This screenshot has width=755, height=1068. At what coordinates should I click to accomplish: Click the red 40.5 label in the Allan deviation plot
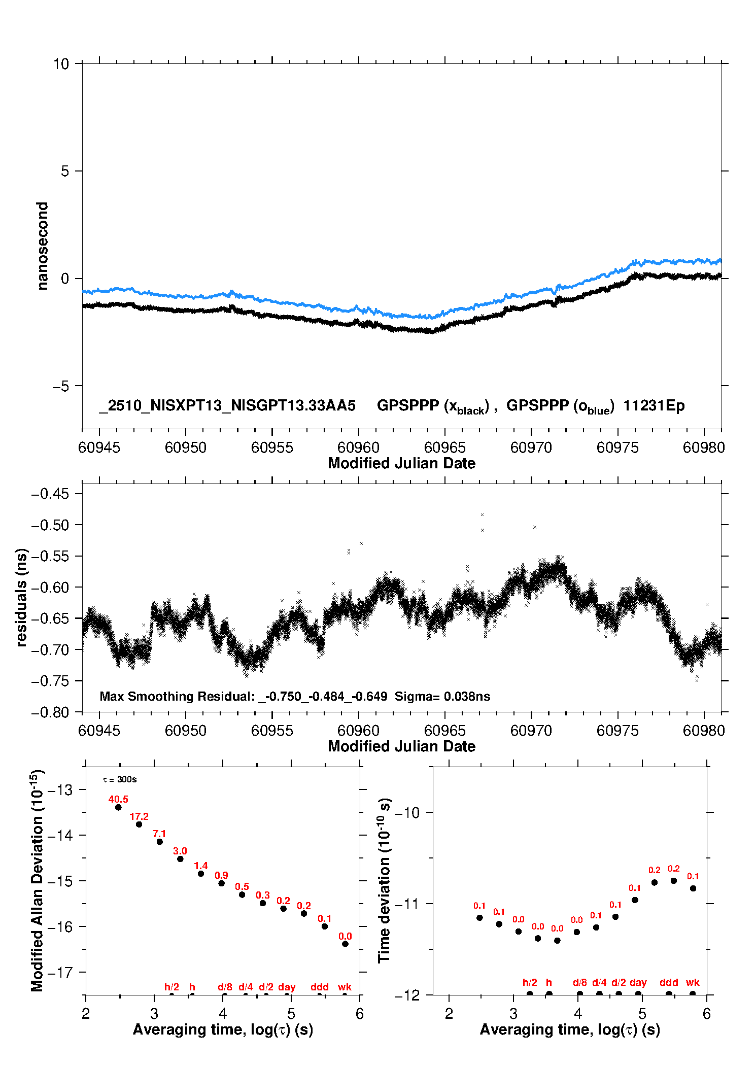point(118,799)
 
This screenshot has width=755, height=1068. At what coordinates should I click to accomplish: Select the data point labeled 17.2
point(139,824)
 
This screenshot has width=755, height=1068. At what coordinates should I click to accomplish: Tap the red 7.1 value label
point(159,834)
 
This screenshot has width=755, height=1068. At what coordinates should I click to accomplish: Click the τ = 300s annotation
point(120,779)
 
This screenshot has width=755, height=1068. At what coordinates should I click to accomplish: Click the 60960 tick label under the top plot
point(358,447)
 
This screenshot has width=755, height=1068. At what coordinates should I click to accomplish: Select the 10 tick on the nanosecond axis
point(61,64)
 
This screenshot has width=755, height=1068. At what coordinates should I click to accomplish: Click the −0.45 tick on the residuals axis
point(50,494)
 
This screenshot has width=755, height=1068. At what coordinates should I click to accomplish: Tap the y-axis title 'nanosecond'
point(43,246)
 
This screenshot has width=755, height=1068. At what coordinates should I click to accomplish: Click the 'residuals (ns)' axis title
point(21,597)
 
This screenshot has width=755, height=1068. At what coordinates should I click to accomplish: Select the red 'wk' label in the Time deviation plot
point(693,982)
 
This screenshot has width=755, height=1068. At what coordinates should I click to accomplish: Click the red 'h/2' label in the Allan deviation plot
point(171,987)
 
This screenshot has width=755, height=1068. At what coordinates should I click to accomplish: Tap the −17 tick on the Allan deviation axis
point(60,972)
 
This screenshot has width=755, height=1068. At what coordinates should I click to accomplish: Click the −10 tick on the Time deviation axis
point(407,813)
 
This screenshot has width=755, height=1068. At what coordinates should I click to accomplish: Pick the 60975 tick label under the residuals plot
point(617,731)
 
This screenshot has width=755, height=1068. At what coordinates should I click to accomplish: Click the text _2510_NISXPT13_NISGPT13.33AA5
point(227,406)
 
